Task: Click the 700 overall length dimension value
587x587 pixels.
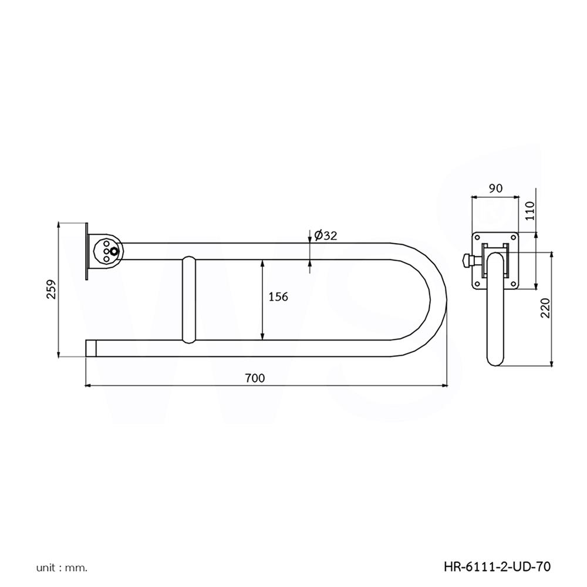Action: [x=255, y=378]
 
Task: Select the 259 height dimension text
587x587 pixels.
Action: [x=51, y=289]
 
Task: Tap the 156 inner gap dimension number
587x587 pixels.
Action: [x=278, y=296]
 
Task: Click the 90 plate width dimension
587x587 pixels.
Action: [x=495, y=188]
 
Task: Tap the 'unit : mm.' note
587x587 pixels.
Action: [x=62, y=568]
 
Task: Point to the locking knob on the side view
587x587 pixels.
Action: [x=468, y=259]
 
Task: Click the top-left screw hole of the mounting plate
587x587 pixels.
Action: [x=478, y=237]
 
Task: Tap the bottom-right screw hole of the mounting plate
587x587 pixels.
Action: [x=514, y=286]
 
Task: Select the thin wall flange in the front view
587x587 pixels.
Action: [x=87, y=251]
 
